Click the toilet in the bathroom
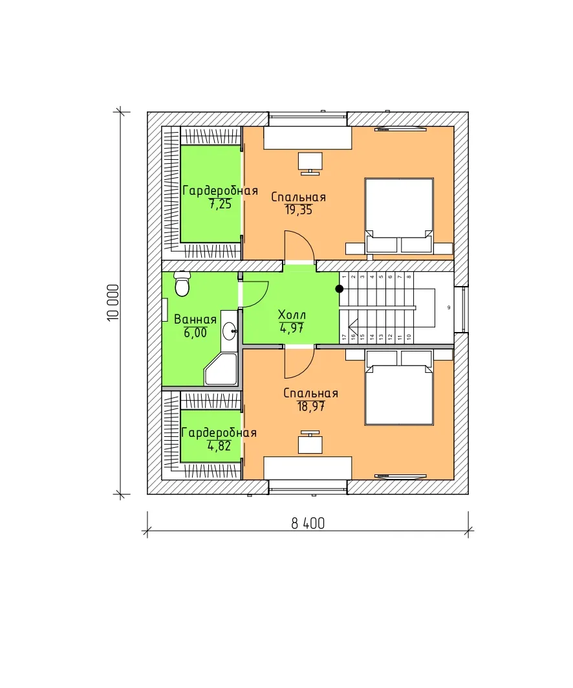coord(182,284)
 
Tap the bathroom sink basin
coord(229,331)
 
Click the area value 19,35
coord(299,210)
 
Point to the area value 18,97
coord(311,406)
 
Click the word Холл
coord(292,315)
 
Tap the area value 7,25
coord(220,204)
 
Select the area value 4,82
coord(219,446)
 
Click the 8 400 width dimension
coord(308,524)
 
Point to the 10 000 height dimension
coord(113,303)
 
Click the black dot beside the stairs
coord(340,289)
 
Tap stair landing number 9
coord(448,307)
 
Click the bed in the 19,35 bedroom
coord(399,215)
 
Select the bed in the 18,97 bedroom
coord(399,388)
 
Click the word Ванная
coord(195,320)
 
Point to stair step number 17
coord(344,337)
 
